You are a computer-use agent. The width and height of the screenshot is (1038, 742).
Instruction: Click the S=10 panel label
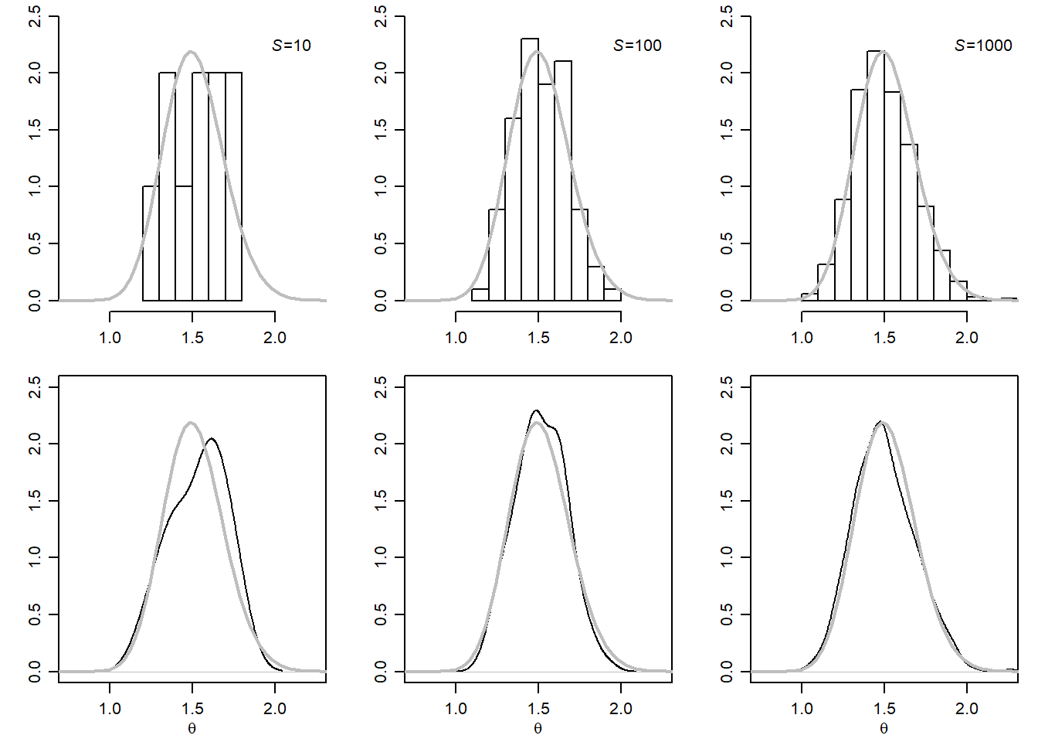pyautogui.click(x=291, y=46)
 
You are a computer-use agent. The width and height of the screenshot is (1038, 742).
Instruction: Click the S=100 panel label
pyautogui.click(x=637, y=46)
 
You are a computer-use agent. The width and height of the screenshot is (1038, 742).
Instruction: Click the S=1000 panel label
pyautogui.click(x=983, y=46)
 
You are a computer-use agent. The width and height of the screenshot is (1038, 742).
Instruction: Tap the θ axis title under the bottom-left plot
pyautogui.click(x=192, y=728)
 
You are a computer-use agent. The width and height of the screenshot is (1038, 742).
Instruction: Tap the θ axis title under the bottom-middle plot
pyautogui.click(x=538, y=728)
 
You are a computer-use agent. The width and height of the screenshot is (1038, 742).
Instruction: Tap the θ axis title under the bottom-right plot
pyautogui.click(x=884, y=728)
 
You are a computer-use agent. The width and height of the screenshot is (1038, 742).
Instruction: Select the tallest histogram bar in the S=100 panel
pyautogui.click(x=530, y=170)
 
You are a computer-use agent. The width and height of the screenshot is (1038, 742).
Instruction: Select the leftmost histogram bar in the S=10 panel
pyautogui.click(x=151, y=243)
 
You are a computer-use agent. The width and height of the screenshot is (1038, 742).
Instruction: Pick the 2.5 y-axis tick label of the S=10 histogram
pyautogui.click(x=35, y=16)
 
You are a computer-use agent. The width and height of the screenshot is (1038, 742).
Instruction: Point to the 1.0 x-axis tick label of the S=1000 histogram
pyautogui.click(x=802, y=338)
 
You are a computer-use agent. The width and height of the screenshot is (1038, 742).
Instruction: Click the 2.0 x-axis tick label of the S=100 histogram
pyautogui.click(x=620, y=338)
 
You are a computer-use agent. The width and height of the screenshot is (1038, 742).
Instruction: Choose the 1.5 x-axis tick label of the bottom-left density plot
pyautogui.click(x=192, y=709)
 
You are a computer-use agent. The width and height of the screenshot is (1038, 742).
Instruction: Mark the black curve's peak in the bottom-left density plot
pyautogui.click(x=211, y=439)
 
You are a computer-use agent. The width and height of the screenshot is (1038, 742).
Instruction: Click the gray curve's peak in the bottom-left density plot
pyautogui.click(x=191, y=423)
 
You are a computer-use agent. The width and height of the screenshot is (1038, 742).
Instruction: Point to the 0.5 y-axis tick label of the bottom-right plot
pyautogui.click(x=727, y=614)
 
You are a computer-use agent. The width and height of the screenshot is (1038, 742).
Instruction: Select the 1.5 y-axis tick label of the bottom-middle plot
pyautogui.click(x=381, y=501)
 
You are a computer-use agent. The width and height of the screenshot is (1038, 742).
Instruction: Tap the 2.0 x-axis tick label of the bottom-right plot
pyautogui.click(x=966, y=709)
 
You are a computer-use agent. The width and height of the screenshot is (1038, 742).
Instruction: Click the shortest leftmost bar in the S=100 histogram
pyautogui.click(x=480, y=294)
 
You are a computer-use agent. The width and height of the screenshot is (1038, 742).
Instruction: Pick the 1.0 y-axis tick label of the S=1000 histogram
pyautogui.click(x=727, y=186)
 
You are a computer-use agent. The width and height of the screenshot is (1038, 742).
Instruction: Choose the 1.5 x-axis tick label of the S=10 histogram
pyautogui.click(x=192, y=338)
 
